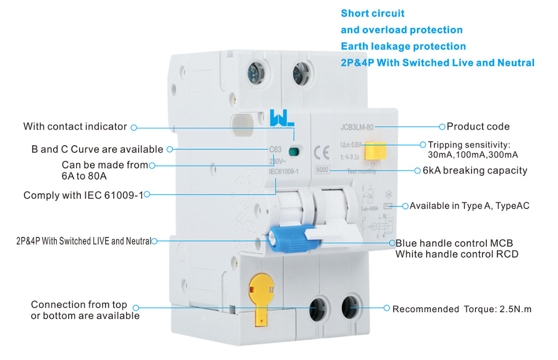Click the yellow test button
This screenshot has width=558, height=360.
point(375,151)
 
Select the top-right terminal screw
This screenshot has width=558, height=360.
point(299,75)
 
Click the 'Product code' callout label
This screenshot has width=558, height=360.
point(478,127)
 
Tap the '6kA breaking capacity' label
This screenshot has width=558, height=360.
point(475,170)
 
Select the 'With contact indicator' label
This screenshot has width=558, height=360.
point(75,127)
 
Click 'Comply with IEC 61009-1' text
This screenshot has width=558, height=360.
point(83,195)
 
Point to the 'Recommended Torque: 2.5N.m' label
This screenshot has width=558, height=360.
point(462,309)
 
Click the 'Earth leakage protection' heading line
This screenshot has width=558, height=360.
point(403,46)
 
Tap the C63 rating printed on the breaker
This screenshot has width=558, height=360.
point(275,149)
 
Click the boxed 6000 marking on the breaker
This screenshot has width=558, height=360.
point(323,170)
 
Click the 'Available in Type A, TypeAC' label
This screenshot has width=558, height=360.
point(469,206)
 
